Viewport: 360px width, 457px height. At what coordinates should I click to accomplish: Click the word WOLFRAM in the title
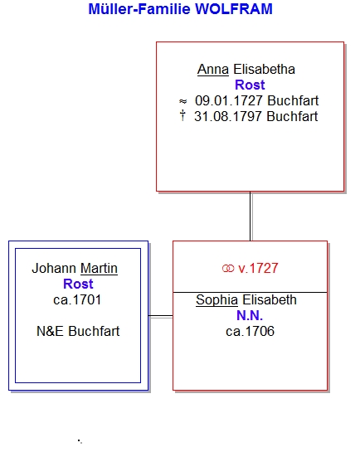pyautogui.click(x=233, y=9)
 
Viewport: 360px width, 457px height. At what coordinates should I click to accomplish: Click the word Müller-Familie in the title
pyautogui.click(x=139, y=9)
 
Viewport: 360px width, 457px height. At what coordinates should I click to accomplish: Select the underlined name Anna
pyautogui.click(x=213, y=70)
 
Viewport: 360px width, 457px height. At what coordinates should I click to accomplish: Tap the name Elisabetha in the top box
pyautogui.click(x=264, y=70)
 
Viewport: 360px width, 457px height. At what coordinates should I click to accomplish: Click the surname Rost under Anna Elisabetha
pyautogui.click(x=250, y=85)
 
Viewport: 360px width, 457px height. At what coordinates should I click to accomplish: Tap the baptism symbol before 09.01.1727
pyautogui.click(x=182, y=101)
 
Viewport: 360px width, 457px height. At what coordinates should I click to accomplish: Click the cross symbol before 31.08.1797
pyautogui.click(x=182, y=115)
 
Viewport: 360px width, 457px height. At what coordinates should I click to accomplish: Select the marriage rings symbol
pyautogui.click(x=228, y=269)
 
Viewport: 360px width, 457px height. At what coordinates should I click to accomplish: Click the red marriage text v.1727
pyautogui.click(x=258, y=268)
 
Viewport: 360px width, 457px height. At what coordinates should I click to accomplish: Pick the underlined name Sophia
pyautogui.click(x=216, y=300)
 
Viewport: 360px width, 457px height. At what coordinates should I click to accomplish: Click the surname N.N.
pyautogui.click(x=250, y=316)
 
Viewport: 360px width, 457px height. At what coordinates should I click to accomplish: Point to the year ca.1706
pyautogui.click(x=251, y=332)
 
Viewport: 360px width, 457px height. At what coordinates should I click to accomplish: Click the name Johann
pyautogui.click(x=54, y=269)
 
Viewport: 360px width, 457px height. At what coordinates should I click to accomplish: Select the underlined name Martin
pyautogui.click(x=99, y=269)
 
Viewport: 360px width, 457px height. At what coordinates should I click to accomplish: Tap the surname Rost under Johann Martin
pyautogui.click(x=78, y=284)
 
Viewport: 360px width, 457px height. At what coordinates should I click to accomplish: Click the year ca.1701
pyautogui.click(x=77, y=300)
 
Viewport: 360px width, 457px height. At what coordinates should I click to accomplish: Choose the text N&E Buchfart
pyautogui.click(x=78, y=332)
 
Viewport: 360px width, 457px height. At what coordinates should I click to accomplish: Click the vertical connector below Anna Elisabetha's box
pyautogui.click(x=251, y=216)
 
